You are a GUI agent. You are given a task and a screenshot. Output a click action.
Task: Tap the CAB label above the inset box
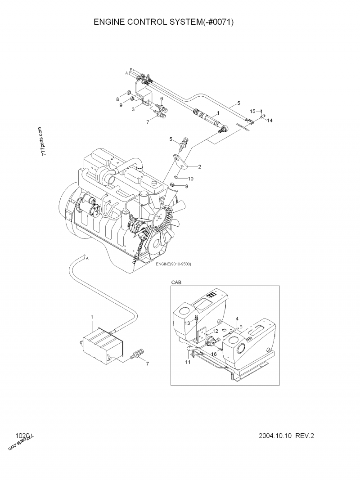(176, 282)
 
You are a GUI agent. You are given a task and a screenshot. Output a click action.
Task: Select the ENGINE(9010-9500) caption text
(173, 264)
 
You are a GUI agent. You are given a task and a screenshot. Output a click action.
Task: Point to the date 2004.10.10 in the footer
(276, 436)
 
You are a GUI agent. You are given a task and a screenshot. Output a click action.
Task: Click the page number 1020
(22, 435)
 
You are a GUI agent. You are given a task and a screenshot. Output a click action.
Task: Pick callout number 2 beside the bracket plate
(199, 166)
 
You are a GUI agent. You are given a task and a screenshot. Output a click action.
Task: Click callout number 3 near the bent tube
(133, 109)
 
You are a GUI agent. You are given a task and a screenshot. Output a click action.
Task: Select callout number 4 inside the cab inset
(237, 319)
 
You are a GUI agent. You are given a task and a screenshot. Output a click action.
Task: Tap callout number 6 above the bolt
(161, 99)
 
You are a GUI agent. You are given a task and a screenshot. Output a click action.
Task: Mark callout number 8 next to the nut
(118, 99)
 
